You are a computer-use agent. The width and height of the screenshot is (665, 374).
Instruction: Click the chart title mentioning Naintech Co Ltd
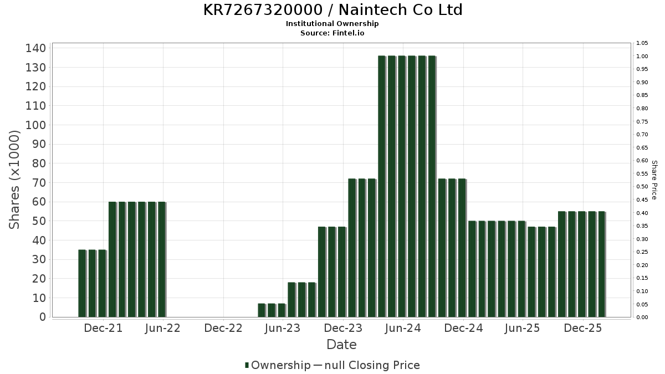coord(332,10)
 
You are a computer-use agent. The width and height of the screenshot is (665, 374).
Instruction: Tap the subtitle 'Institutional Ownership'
coord(332,24)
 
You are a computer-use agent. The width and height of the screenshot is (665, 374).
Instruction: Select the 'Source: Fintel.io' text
coord(332,33)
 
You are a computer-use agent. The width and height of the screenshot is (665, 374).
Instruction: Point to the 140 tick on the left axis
coord(35,48)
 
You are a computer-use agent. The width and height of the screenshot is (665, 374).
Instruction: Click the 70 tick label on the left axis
coord(35,183)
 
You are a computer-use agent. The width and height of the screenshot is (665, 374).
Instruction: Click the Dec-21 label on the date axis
coord(103,329)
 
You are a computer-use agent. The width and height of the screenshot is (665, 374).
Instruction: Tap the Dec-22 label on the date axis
coord(223,329)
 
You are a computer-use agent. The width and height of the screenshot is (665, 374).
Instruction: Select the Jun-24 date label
coord(402,329)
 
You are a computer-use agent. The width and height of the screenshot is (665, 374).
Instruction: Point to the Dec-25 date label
coord(582,329)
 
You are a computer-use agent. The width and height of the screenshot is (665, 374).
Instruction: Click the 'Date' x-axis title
coord(341,345)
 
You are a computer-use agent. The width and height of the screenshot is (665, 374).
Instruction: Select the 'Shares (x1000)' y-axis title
coord(15,180)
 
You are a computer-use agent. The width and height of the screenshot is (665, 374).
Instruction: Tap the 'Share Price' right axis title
coord(654,180)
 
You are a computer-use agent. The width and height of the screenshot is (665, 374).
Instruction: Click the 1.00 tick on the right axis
coord(642,57)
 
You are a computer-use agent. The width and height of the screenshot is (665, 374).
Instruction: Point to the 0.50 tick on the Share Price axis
coord(642,187)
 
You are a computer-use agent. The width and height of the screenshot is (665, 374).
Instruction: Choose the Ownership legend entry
coord(278,365)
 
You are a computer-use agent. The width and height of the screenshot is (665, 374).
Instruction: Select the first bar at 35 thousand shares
coord(82,283)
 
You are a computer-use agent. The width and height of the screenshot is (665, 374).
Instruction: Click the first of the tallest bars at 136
coord(382,186)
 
